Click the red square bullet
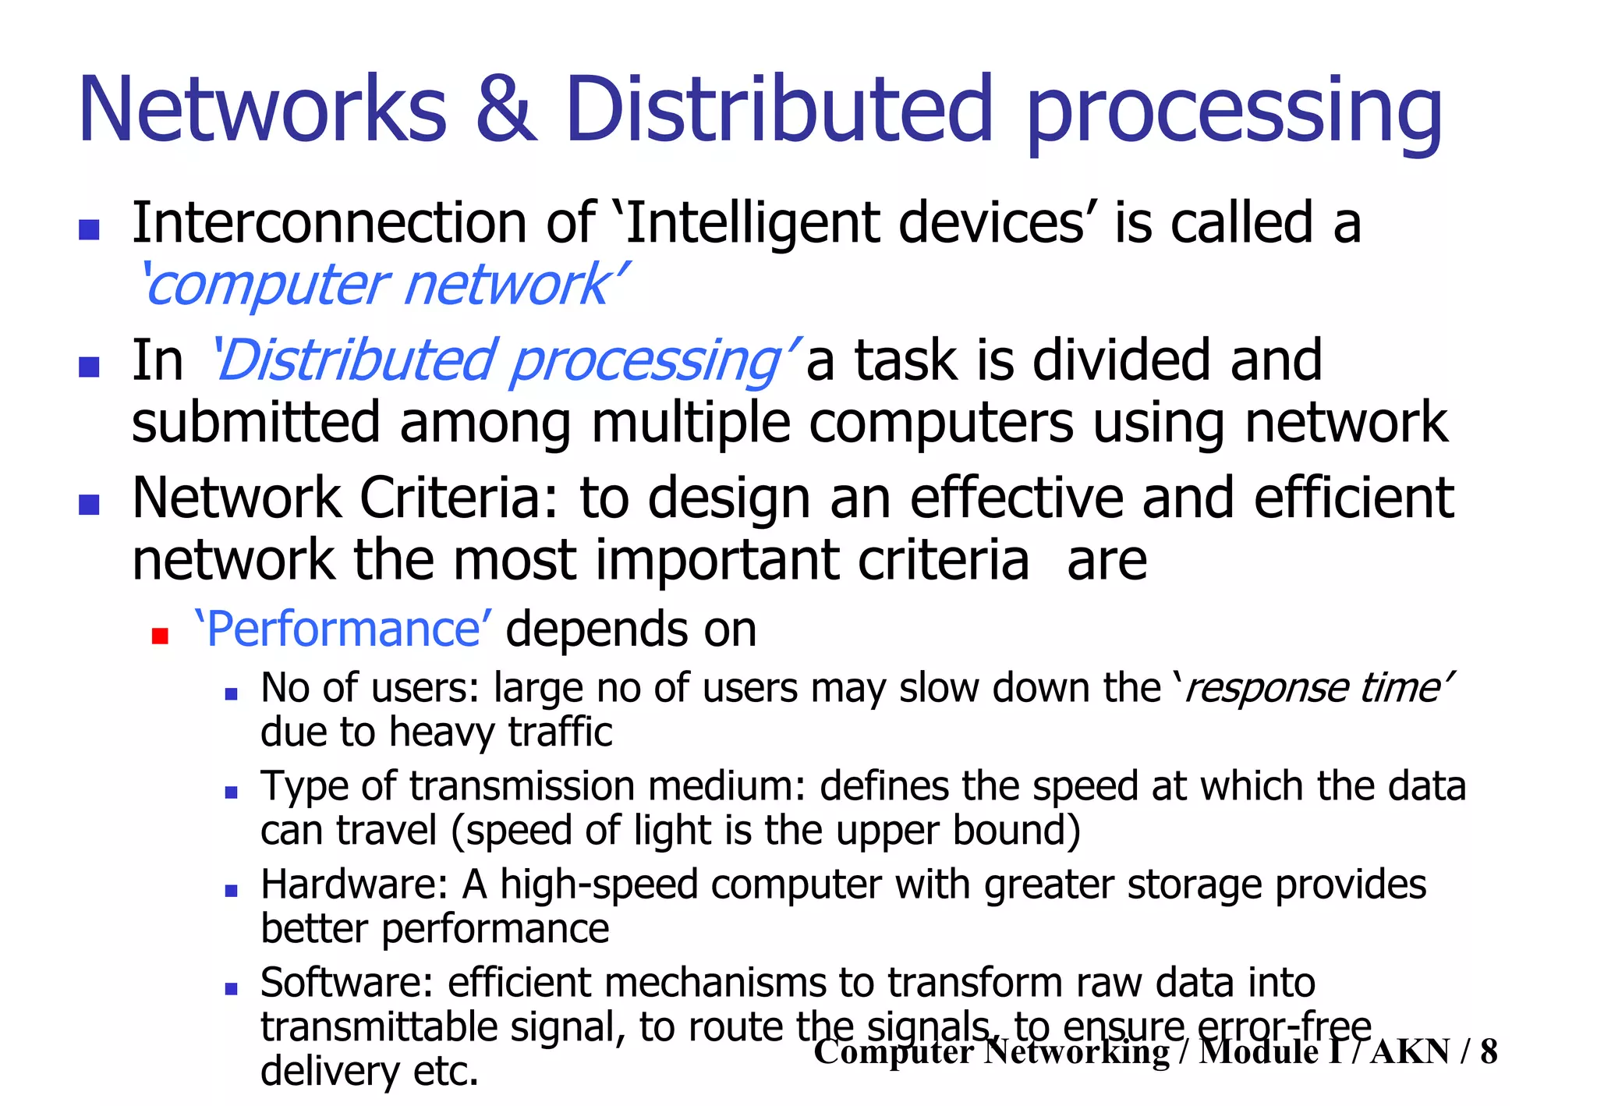(160, 636)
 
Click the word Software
(346, 983)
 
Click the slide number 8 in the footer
(1488, 1051)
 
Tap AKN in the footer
(1410, 1051)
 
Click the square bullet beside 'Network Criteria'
(90, 505)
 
